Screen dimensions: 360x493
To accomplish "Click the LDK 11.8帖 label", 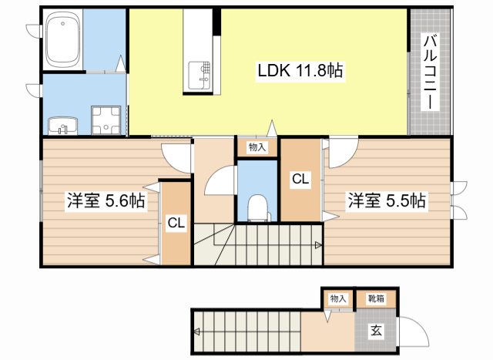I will point(300,71).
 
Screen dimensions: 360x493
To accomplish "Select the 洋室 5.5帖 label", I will point(386,201).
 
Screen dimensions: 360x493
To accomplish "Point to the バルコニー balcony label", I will point(429,70).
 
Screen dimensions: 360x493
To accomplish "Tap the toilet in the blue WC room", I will point(257,206).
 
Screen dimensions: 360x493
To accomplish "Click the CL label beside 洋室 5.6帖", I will point(176,224).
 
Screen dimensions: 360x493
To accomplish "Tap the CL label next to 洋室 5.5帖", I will point(300,180).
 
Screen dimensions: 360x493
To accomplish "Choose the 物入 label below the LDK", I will point(257,146).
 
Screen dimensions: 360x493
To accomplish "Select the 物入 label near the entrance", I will point(338,298).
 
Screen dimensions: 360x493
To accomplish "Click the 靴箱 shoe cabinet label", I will point(377,298).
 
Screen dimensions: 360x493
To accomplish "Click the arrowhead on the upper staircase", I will point(318,246).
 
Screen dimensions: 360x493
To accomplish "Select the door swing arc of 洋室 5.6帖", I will point(179,158).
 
